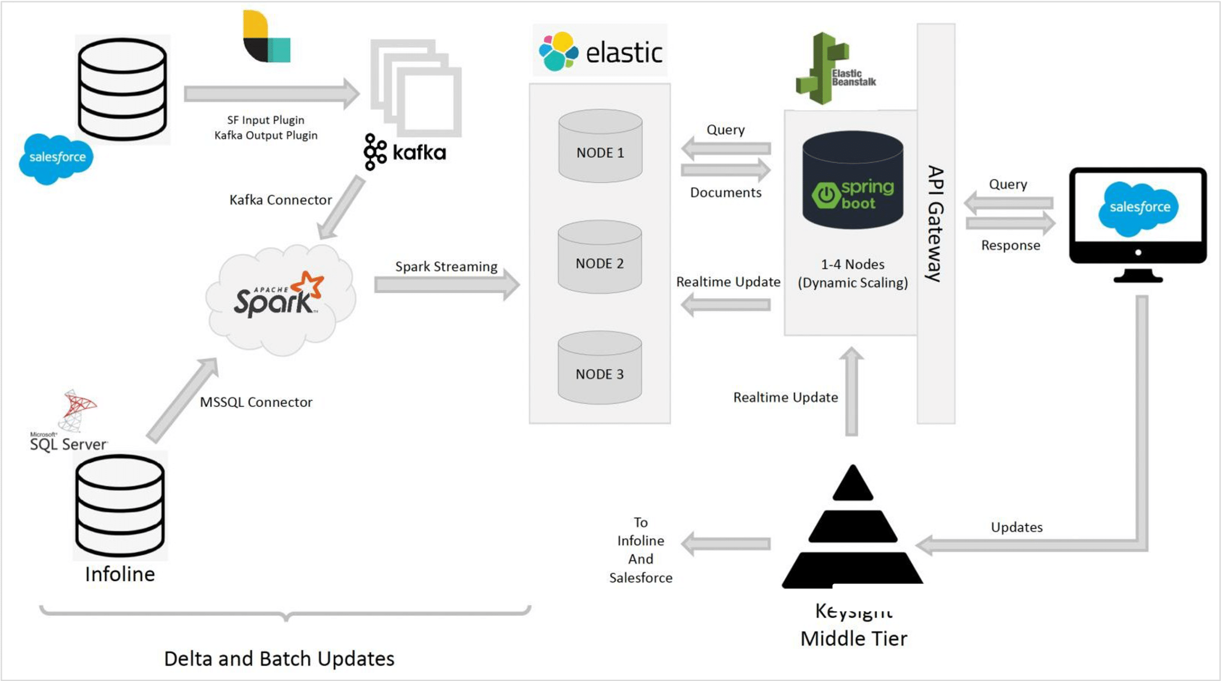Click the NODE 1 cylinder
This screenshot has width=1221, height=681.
coord(600,146)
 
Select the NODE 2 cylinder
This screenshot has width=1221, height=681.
coord(600,257)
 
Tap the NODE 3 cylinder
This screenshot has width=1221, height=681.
coord(600,368)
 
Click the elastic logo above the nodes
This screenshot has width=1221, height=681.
coord(600,52)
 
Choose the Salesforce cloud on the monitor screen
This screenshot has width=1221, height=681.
coord(1138,208)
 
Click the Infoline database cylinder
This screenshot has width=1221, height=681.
coord(120,506)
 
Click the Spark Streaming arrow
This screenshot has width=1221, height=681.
coord(446,285)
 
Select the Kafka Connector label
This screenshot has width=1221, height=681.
coord(280,200)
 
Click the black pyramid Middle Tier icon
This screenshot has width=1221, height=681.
coord(852,529)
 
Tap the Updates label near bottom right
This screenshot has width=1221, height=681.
coord(1016,527)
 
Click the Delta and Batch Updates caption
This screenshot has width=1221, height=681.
coord(279,659)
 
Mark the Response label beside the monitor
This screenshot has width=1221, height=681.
coord(1010,245)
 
